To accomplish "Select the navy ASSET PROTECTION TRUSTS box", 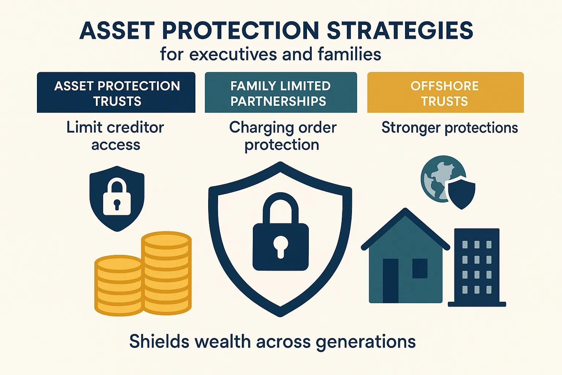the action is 116,92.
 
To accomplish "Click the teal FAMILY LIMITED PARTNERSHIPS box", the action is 281,92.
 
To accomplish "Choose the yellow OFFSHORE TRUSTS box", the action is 445,92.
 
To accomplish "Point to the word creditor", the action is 135,127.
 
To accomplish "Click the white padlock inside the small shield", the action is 117,197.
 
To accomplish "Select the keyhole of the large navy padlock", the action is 280,247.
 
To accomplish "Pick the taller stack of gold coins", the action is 166,272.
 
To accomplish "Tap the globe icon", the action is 440,178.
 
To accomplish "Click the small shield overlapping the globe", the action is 461,192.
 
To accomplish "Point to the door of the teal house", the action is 390,281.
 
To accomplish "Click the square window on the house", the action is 420,268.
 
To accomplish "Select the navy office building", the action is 477,267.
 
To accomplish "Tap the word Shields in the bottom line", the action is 159,341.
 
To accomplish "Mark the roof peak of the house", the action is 405,209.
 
